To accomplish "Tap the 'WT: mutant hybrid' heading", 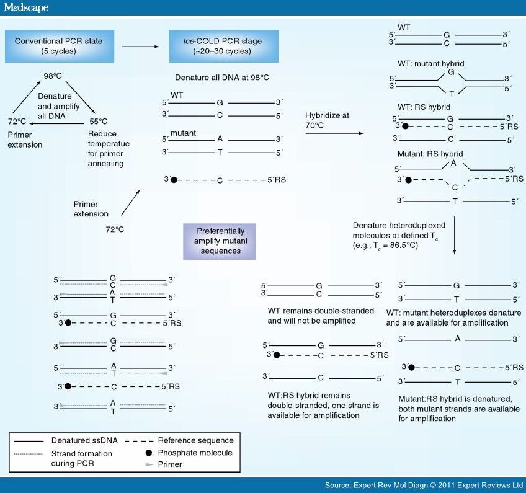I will click(x=430, y=64).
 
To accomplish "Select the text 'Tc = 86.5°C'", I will click(x=398, y=245).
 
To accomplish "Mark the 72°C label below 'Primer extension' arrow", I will click(x=115, y=229).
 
